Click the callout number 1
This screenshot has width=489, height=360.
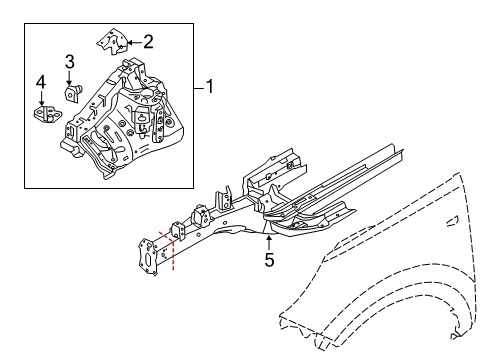coord(211,87)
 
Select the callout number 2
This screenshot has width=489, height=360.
coord(148,41)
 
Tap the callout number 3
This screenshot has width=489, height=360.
coord(69,63)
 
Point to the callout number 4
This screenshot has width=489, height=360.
coord(41,81)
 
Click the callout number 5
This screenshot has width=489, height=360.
coord(268,262)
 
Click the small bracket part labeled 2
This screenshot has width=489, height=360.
coord(112,41)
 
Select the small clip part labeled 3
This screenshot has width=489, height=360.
coord(73,93)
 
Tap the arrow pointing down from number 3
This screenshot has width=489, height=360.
coord(69,78)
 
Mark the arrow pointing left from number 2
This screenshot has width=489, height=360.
coord(135,41)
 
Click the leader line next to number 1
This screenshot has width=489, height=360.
coord(198,87)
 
